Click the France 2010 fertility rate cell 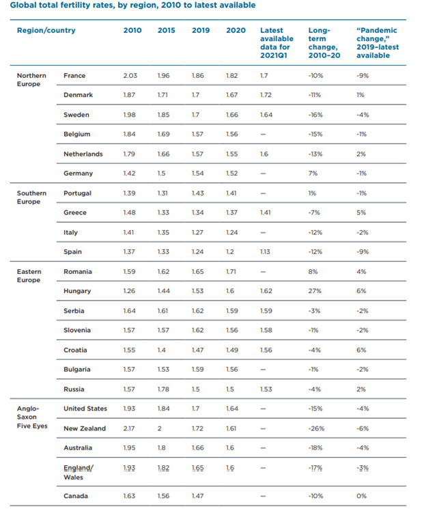130,76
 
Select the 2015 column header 167,30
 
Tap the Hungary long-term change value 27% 315,291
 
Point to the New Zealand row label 85,428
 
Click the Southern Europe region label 31,197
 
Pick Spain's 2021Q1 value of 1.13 265,252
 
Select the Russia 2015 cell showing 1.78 163,389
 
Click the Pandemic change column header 378,42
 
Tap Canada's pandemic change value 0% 361,496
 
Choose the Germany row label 78,174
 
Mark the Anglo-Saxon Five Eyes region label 32,417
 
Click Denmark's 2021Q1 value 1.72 266,95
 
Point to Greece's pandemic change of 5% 361,213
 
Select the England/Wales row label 79,473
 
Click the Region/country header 46,31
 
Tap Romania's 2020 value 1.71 231,272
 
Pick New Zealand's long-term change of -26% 317,428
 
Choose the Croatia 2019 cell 197,350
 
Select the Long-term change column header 324,42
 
